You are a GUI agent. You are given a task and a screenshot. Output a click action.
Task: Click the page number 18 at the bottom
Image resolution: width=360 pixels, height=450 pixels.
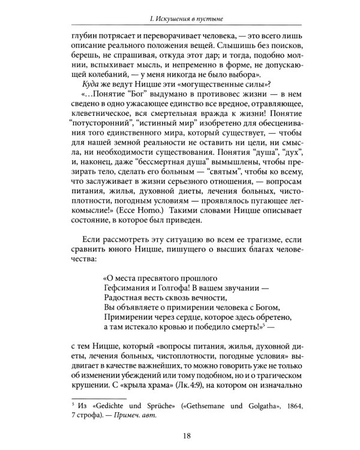(x=180, y=427)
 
